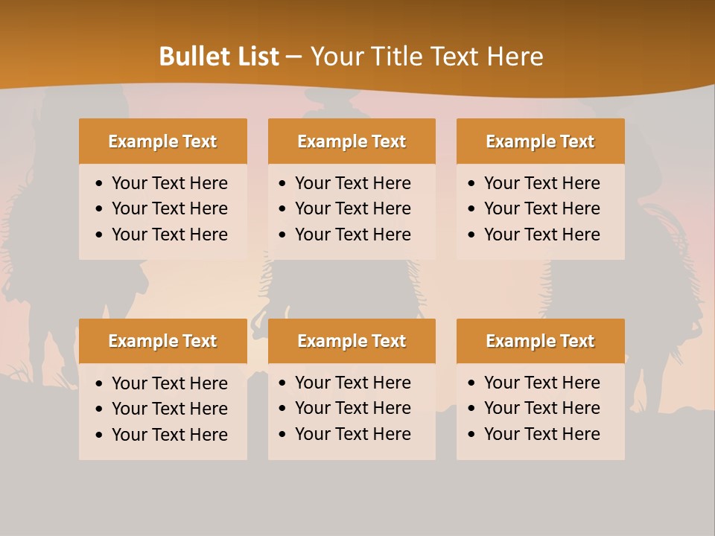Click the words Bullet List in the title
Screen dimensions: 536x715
click(x=219, y=57)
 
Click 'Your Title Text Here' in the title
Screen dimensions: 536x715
click(x=426, y=57)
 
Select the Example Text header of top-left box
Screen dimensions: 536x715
click(x=162, y=141)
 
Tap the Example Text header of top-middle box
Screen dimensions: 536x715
click(x=352, y=141)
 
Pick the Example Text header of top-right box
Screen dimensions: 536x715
click(x=540, y=141)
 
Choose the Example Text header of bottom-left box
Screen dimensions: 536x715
click(x=162, y=341)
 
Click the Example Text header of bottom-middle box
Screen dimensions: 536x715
click(x=352, y=341)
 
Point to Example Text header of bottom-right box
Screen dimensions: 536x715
click(x=540, y=341)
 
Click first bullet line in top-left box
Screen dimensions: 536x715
click(x=169, y=183)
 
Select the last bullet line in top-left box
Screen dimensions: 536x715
click(x=169, y=234)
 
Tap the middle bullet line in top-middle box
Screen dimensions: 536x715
click(x=352, y=208)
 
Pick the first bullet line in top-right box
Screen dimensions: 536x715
click(x=541, y=183)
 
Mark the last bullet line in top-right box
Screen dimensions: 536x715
click(x=541, y=234)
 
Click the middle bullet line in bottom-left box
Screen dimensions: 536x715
click(x=169, y=409)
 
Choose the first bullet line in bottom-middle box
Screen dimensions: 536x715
click(x=352, y=383)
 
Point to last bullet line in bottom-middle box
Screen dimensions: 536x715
click(x=352, y=434)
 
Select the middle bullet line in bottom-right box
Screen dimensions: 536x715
click(x=541, y=408)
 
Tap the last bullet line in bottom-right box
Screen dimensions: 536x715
click(x=541, y=434)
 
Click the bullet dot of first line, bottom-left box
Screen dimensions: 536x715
click(x=100, y=384)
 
